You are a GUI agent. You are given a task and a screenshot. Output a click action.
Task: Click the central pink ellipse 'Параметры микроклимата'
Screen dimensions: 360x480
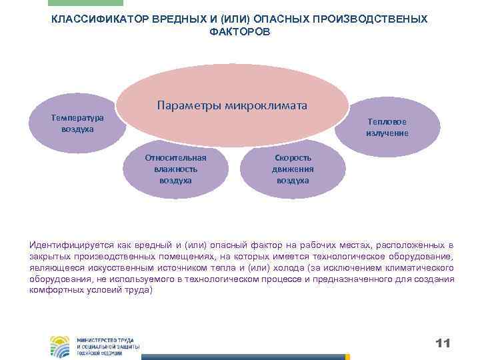click(233, 90)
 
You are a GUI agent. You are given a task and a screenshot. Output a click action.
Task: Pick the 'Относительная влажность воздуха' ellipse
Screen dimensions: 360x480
click(175, 168)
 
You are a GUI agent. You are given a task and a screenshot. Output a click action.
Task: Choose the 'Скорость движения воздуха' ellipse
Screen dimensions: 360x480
click(293, 168)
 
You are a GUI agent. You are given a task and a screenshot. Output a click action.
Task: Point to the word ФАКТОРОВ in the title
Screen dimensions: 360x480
click(240, 31)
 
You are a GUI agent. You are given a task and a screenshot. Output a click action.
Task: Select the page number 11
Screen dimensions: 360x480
click(443, 343)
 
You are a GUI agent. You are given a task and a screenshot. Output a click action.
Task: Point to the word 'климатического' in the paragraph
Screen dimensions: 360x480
click(421, 268)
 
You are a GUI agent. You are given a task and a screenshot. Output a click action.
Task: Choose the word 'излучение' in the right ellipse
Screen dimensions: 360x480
click(387, 133)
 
